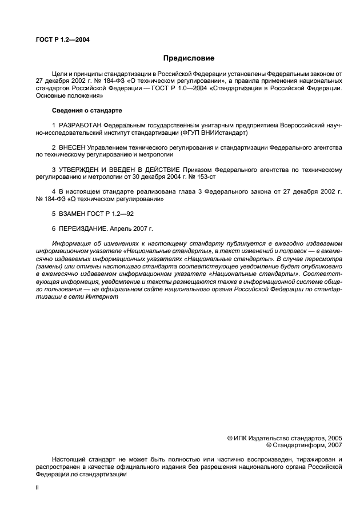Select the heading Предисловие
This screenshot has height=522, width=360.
(189, 58)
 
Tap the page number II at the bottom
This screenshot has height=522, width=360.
(37, 488)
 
